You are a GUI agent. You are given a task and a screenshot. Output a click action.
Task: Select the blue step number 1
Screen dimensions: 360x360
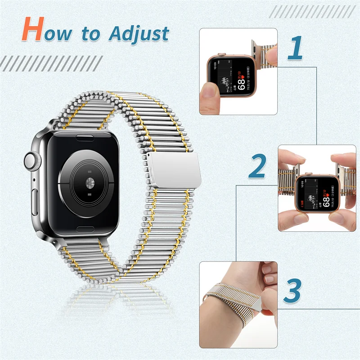pos(296,49)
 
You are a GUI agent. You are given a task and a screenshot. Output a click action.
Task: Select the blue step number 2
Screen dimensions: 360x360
pos(257,167)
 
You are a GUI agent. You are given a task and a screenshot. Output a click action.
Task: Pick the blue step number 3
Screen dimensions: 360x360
pos(293,290)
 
